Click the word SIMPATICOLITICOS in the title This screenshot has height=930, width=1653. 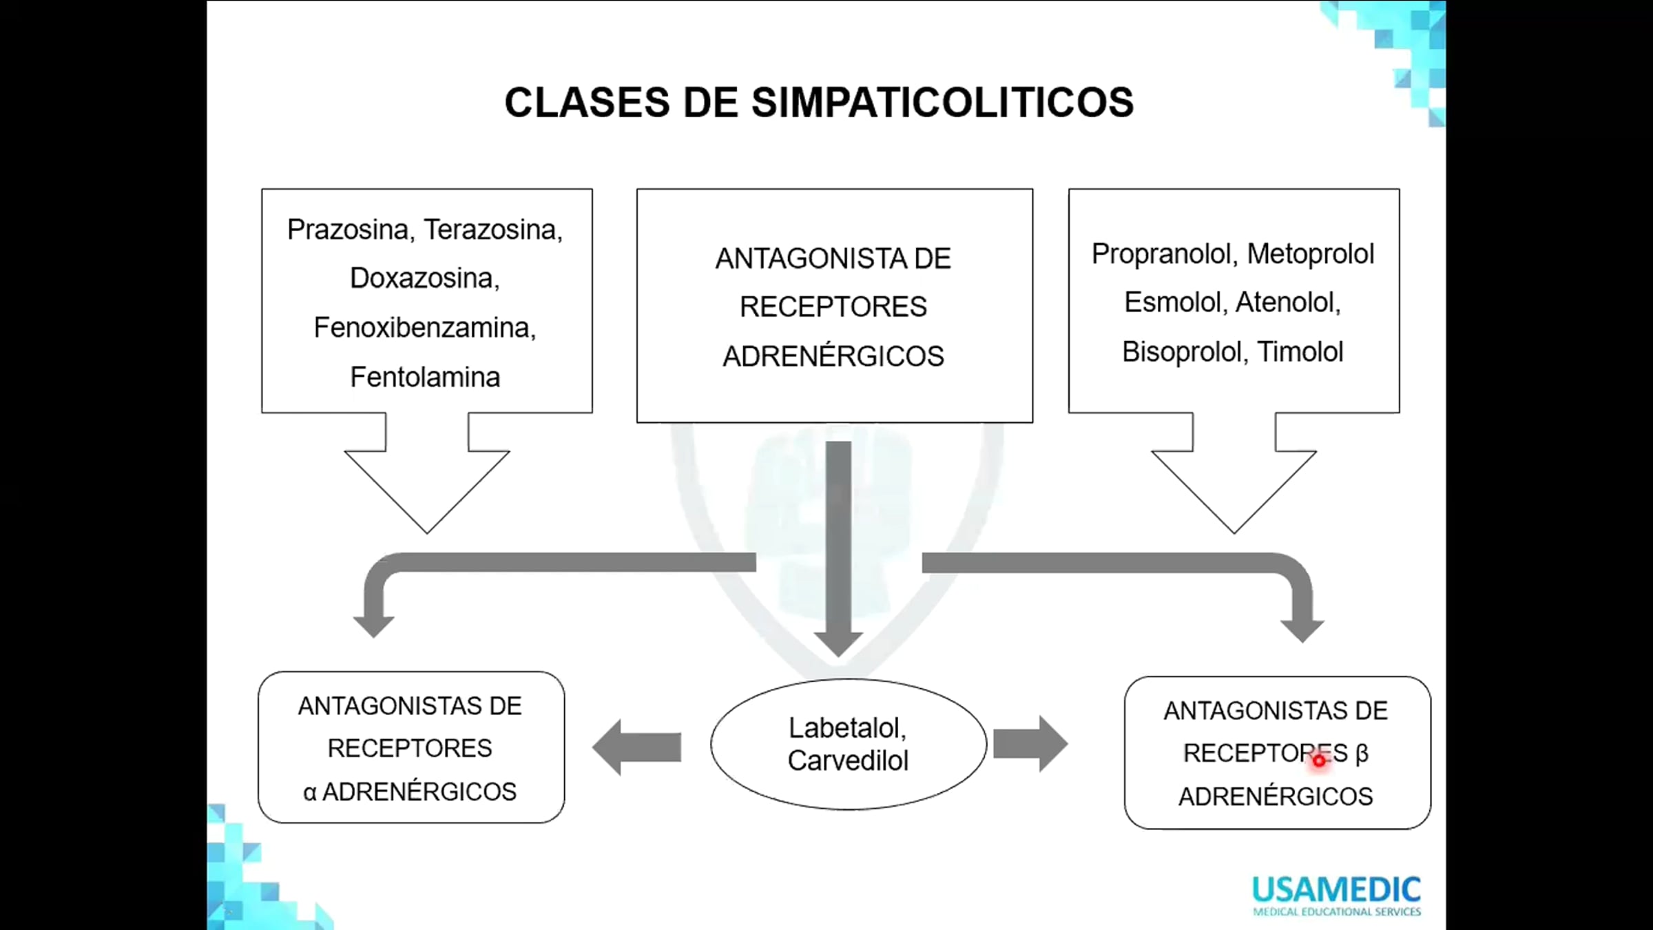[942, 103]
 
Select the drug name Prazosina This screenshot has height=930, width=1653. [349, 229]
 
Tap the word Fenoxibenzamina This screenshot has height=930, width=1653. [423, 328]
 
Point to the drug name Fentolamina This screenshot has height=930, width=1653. [425, 378]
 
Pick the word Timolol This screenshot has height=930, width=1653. [1300, 352]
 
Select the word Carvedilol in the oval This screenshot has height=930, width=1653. [848, 761]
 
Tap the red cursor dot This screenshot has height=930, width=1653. [1318, 761]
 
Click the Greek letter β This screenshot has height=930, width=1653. [1362, 753]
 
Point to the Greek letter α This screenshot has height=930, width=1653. [310, 793]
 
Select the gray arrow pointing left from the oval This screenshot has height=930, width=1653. [637, 747]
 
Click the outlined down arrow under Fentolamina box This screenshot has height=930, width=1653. [427, 475]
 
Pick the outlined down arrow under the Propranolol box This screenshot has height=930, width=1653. [1234, 475]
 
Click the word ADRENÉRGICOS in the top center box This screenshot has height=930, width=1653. [833, 357]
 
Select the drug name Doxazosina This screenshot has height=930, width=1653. [424, 279]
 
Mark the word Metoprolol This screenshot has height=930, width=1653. [1310, 254]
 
